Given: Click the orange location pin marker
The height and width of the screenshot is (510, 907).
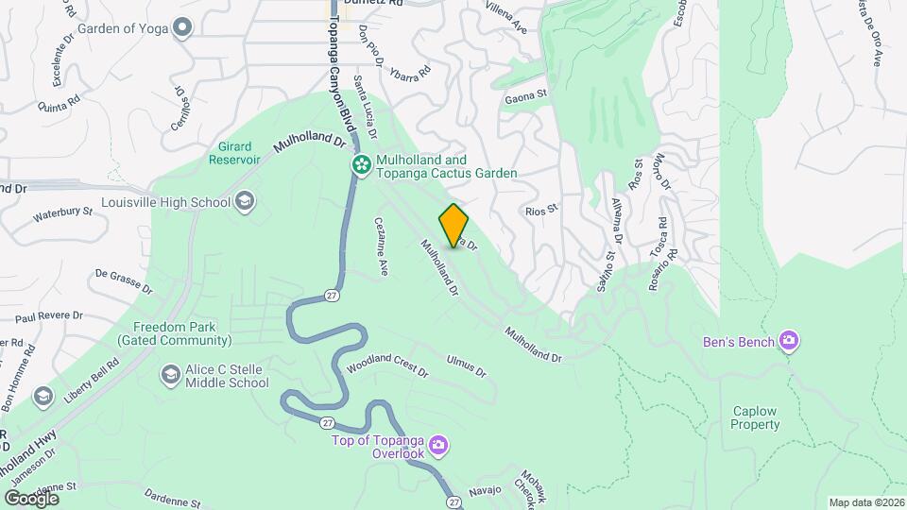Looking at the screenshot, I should (454, 225).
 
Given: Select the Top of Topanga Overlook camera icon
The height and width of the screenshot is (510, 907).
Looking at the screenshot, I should (437, 444).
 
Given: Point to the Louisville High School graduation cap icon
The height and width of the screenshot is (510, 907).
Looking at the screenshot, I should (245, 201).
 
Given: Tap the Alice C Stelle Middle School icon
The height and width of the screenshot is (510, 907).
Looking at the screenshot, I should (171, 375).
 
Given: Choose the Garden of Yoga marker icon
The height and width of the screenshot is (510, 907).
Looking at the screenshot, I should (183, 28).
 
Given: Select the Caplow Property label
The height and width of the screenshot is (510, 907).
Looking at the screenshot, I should (756, 417).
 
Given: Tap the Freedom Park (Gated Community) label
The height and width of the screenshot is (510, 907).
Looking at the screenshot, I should (175, 332).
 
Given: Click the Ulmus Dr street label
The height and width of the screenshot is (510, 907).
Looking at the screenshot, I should (467, 365).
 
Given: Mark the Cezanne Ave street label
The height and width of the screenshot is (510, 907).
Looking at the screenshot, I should (381, 247).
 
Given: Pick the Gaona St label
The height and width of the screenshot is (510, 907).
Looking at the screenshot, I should (526, 94).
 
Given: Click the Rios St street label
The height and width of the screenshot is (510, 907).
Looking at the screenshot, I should (544, 212).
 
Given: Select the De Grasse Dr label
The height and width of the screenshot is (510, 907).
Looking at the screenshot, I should (123, 280).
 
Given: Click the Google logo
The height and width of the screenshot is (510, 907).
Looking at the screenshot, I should (31, 498).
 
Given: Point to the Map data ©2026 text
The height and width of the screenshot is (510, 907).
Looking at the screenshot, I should (864, 502).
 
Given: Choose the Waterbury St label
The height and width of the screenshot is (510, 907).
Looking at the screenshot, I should (62, 214).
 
